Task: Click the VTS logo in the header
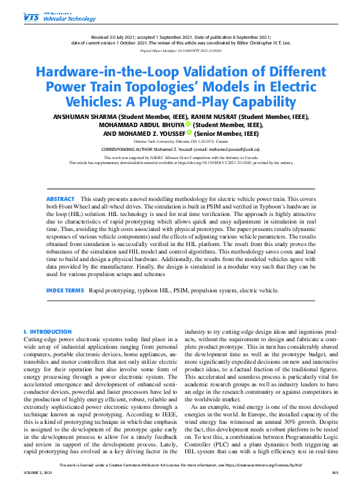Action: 30,18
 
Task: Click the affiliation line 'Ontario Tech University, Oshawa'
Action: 180,142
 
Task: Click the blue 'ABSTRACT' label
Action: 60,198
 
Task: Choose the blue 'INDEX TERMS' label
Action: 64,291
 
